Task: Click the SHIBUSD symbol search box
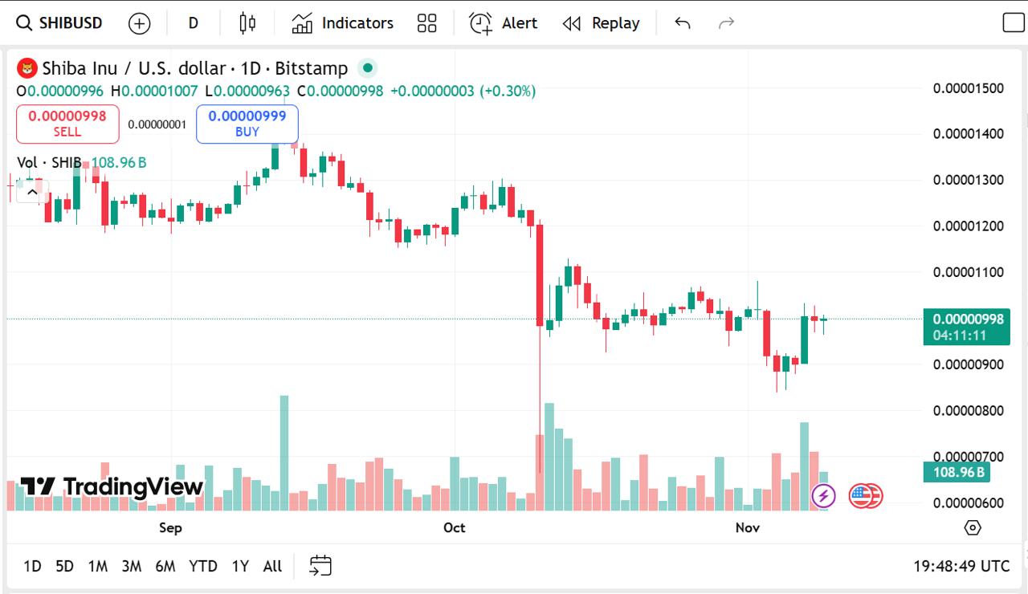point(60,23)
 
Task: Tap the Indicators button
point(343,23)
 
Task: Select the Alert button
point(504,23)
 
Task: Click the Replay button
point(601,23)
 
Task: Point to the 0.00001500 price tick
point(969,87)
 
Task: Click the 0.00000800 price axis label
point(969,411)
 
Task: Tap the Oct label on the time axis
point(455,527)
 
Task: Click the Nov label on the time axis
point(748,527)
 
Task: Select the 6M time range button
point(165,566)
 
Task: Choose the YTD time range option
point(203,566)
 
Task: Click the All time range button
point(272,566)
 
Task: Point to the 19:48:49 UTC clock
point(961,566)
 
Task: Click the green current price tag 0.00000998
point(965,319)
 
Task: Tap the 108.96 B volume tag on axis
point(957,472)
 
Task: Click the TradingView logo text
point(112,486)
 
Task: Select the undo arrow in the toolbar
point(683,23)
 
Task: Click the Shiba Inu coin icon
point(27,68)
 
